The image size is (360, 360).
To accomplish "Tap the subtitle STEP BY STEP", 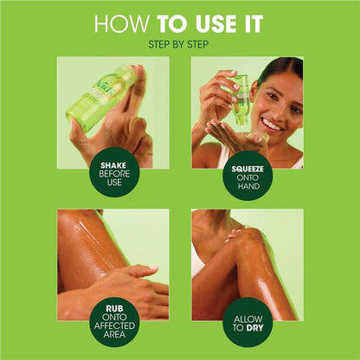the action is pos(178,45).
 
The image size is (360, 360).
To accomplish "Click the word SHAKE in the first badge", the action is pos(113,165).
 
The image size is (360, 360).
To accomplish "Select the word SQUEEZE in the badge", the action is pos(247,169).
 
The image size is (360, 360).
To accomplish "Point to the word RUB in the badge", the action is pos(114,308).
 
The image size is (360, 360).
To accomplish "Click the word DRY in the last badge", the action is pos(254,328).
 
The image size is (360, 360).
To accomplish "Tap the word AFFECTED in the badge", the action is pos(114,326).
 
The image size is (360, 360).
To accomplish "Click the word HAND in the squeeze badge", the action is pos(248,186).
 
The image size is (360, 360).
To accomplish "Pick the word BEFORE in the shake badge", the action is pos(114,174).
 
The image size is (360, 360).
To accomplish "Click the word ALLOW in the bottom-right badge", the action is pos(248,319).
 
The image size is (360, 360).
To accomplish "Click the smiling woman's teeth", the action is pos(272,125).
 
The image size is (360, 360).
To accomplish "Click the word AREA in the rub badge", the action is pos(114,335).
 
